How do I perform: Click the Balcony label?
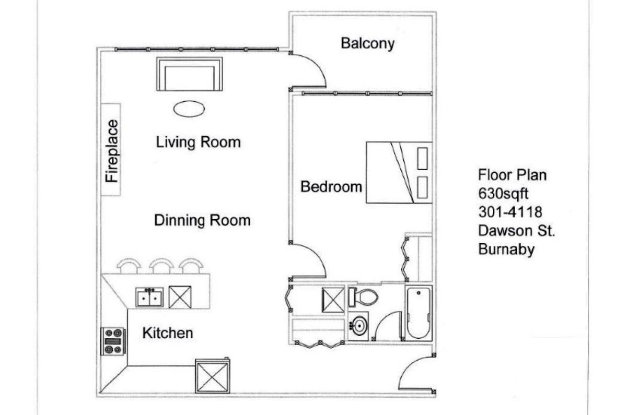(x=367, y=44)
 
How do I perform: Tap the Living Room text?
(x=198, y=142)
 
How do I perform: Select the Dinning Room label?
(x=202, y=220)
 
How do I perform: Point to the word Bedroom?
(x=331, y=187)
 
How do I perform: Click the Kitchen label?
(x=168, y=333)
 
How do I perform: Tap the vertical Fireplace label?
(x=112, y=151)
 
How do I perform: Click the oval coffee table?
(x=189, y=109)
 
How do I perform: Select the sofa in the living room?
(x=190, y=74)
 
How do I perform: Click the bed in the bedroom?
(x=399, y=173)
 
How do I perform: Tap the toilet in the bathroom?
(x=363, y=297)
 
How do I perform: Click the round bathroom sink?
(x=358, y=326)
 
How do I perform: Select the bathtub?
(x=419, y=313)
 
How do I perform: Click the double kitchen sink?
(x=149, y=297)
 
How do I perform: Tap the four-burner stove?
(x=113, y=341)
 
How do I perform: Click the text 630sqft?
(x=503, y=194)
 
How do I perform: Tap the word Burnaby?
(x=506, y=249)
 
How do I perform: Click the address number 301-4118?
(x=510, y=212)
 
